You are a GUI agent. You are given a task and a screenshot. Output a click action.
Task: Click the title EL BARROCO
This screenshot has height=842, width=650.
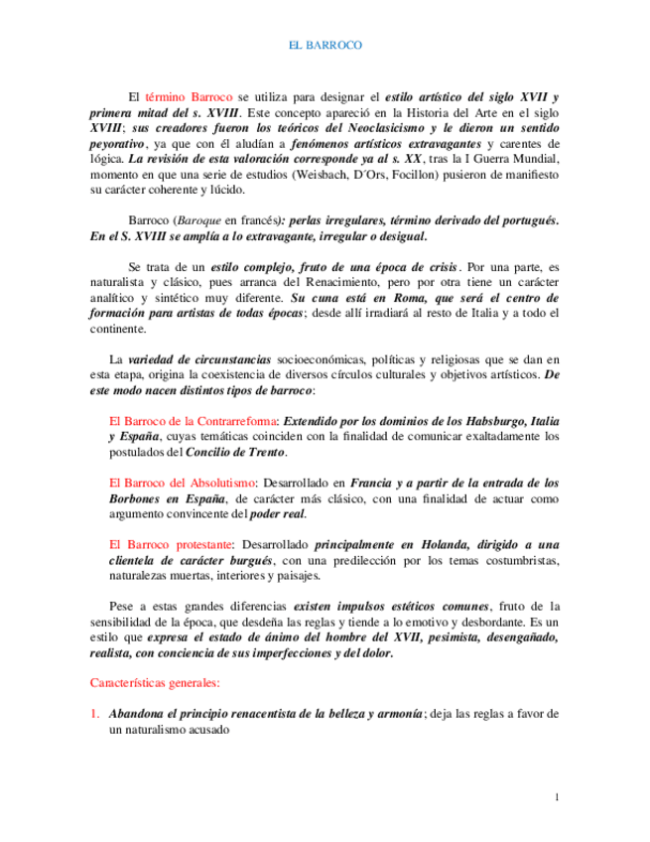click(325, 46)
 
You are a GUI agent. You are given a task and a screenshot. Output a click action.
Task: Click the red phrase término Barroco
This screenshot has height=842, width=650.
click(189, 97)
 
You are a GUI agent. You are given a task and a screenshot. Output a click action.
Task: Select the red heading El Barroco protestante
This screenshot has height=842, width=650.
click(171, 544)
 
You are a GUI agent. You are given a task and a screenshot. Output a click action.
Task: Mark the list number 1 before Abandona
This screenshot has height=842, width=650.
click(94, 713)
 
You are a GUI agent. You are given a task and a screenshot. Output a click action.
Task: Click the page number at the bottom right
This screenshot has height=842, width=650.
click(557, 797)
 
